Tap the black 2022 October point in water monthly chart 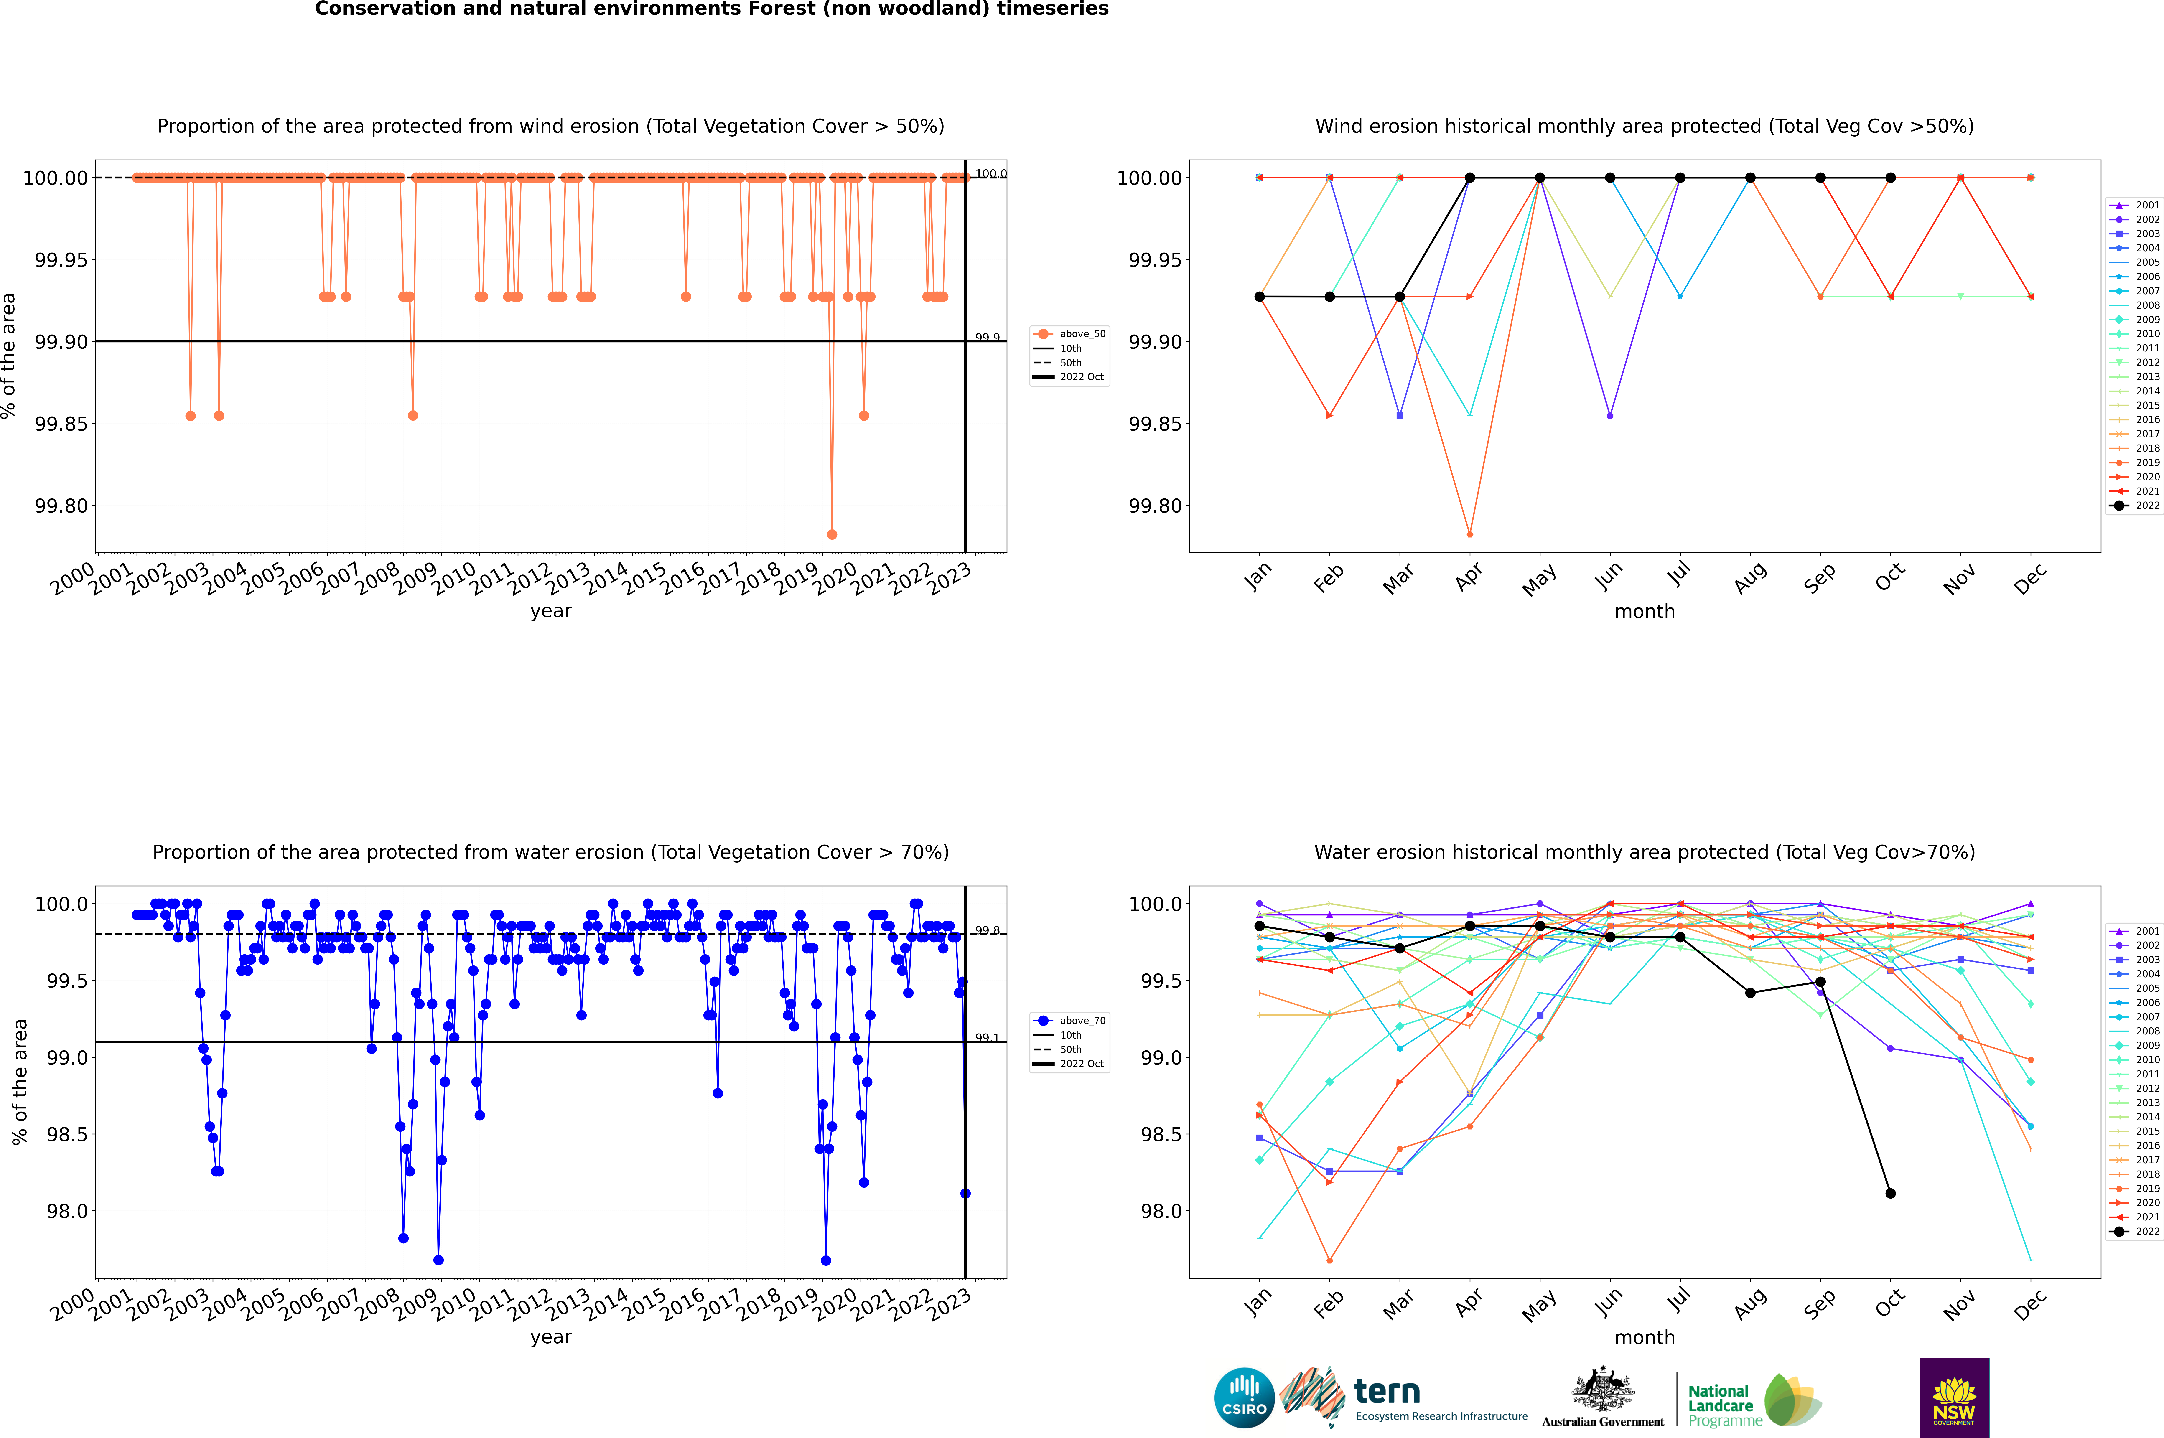tap(1890, 1193)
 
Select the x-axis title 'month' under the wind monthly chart tap(1644, 612)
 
